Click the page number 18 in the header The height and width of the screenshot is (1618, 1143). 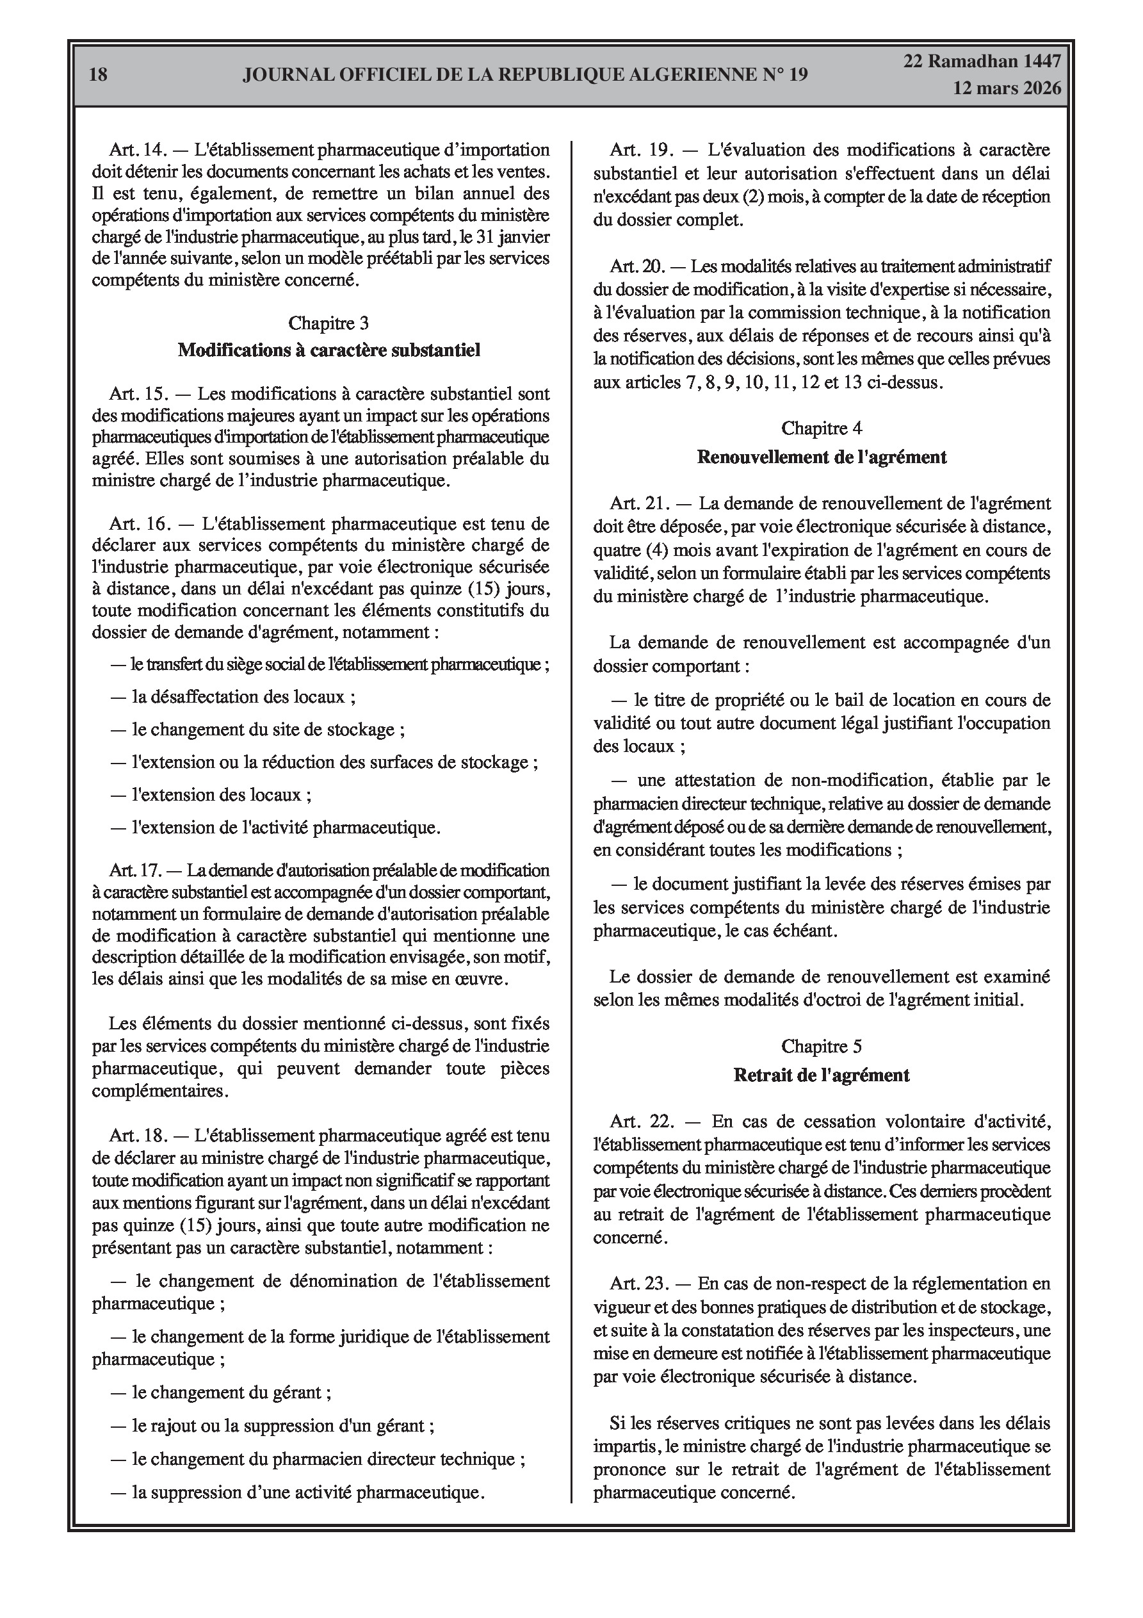coord(99,75)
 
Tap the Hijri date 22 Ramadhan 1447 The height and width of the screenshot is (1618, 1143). coord(982,61)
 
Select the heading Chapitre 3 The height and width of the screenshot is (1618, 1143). coord(328,323)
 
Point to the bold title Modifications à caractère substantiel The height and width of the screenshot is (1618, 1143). coord(328,350)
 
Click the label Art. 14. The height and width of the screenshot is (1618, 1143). coord(136,150)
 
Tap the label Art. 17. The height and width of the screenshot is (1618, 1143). coord(136,871)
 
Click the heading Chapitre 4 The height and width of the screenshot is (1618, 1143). coord(822,429)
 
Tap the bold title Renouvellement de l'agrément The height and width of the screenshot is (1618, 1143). coord(822,457)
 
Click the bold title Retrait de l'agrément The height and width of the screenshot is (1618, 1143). coord(822,1075)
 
